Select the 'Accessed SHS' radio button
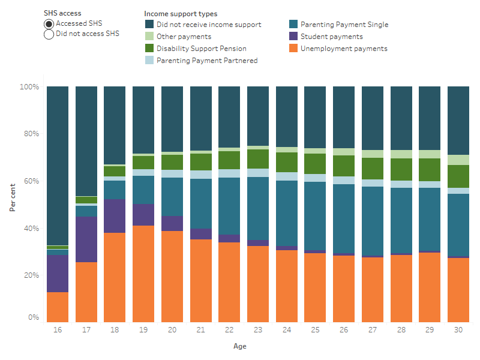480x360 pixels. pyautogui.click(x=49, y=24)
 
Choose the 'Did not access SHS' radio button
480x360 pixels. pyautogui.click(x=49, y=34)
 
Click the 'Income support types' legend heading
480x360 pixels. pyautogui.click(x=181, y=13)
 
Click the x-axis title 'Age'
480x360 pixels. pyautogui.click(x=240, y=346)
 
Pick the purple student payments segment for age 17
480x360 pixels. pyautogui.click(x=86, y=239)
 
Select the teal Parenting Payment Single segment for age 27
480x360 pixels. pyautogui.click(x=373, y=221)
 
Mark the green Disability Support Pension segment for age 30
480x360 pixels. pyautogui.click(x=458, y=176)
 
